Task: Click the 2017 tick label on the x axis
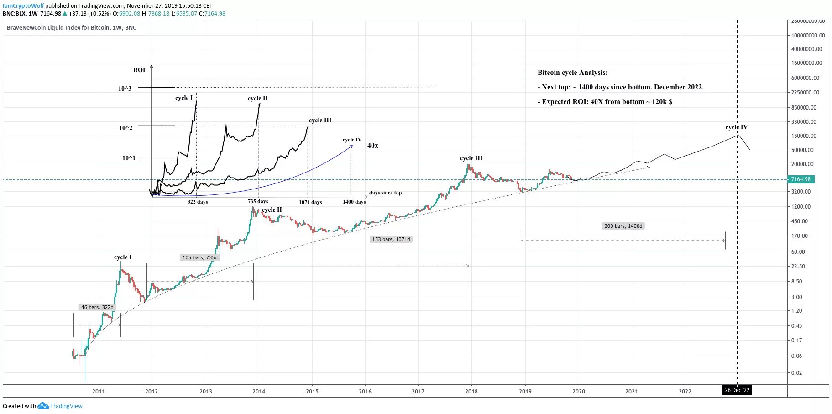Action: pyautogui.click(x=418, y=391)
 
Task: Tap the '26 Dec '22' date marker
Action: pyautogui.click(x=737, y=390)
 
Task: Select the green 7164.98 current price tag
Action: pyautogui.click(x=801, y=179)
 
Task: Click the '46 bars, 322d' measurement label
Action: pyautogui.click(x=97, y=307)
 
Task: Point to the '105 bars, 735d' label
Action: pyautogui.click(x=200, y=257)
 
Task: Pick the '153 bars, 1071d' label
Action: pyautogui.click(x=391, y=239)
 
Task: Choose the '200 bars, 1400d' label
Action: pyautogui.click(x=623, y=226)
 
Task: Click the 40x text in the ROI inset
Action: pyautogui.click(x=373, y=146)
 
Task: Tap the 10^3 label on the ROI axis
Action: pyautogui.click(x=125, y=89)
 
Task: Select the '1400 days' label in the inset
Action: pyautogui.click(x=354, y=202)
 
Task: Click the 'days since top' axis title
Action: pyautogui.click(x=385, y=193)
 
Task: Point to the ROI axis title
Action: pyautogui.click(x=139, y=70)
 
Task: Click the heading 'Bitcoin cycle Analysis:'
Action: pyautogui.click(x=572, y=73)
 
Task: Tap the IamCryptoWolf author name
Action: pyautogui.click(x=23, y=6)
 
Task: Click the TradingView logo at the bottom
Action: pyautogui.click(x=60, y=406)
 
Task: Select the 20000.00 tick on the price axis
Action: pyautogui.click(x=802, y=164)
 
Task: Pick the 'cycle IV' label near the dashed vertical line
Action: pyautogui.click(x=736, y=127)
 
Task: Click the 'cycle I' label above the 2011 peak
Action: pyautogui.click(x=123, y=257)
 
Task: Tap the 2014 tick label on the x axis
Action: pyautogui.click(x=259, y=391)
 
